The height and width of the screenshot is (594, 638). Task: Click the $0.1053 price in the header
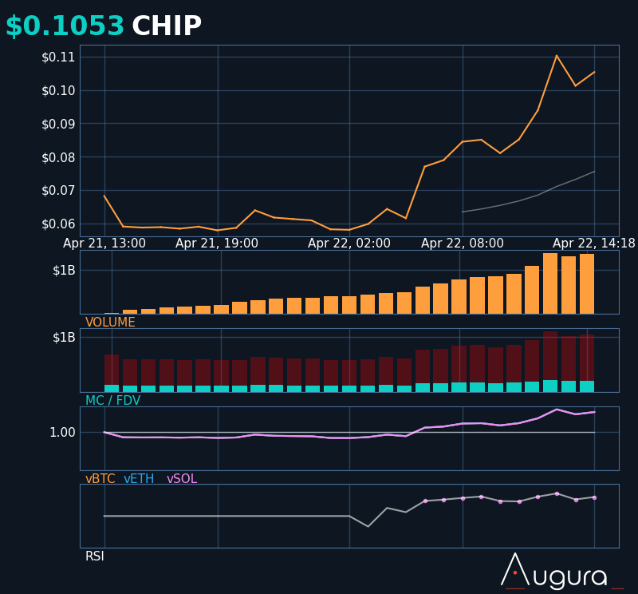[x=65, y=26]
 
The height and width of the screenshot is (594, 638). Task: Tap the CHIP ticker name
[x=167, y=26]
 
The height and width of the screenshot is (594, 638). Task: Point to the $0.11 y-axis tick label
[x=58, y=57]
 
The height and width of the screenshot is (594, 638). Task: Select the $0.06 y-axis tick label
[x=58, y=224]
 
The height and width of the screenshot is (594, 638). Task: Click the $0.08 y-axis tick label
[x=58, y=157]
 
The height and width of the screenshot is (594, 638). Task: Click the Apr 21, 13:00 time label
[x=104, y=244]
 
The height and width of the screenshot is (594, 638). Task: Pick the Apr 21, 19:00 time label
[x=217, y=244]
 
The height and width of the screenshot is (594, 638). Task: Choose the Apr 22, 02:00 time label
[x=349, y=244]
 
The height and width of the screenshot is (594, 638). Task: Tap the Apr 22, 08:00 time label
[x=463, y=244]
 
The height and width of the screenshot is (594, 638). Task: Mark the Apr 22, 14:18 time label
[x=594, y=244]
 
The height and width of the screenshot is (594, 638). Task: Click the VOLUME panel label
[x=110, y=323]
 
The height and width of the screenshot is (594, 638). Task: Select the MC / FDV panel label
[x=112, y=401]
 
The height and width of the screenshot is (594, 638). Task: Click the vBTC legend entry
[x=100, y=479]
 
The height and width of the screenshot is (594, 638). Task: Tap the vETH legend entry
[x=139, y=479]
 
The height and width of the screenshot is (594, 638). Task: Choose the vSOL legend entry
[x=182, y=479]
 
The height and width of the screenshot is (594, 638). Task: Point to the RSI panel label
[x=95, y=556]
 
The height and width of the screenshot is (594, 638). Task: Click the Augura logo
[x=555, y=572]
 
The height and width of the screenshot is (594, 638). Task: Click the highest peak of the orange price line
[x=557, y=56]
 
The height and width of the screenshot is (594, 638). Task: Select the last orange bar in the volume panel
[x=587, y=283]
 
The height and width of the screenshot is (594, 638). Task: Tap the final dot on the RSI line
[x=594, y=497]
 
